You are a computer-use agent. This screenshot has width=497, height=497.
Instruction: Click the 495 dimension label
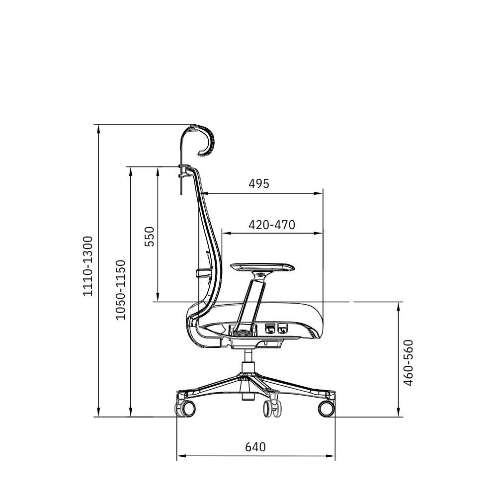pos(258,184)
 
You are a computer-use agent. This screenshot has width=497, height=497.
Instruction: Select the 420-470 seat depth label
pos(272,225)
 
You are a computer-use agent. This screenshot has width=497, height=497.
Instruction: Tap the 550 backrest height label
pos(149,237)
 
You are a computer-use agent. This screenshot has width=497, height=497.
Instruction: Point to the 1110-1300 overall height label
pos(88,266)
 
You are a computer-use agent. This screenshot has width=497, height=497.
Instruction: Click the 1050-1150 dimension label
pos(120,290)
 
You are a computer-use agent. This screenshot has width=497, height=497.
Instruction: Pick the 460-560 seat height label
pos(408,363)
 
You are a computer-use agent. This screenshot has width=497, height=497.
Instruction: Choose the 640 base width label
pos(255,447)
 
